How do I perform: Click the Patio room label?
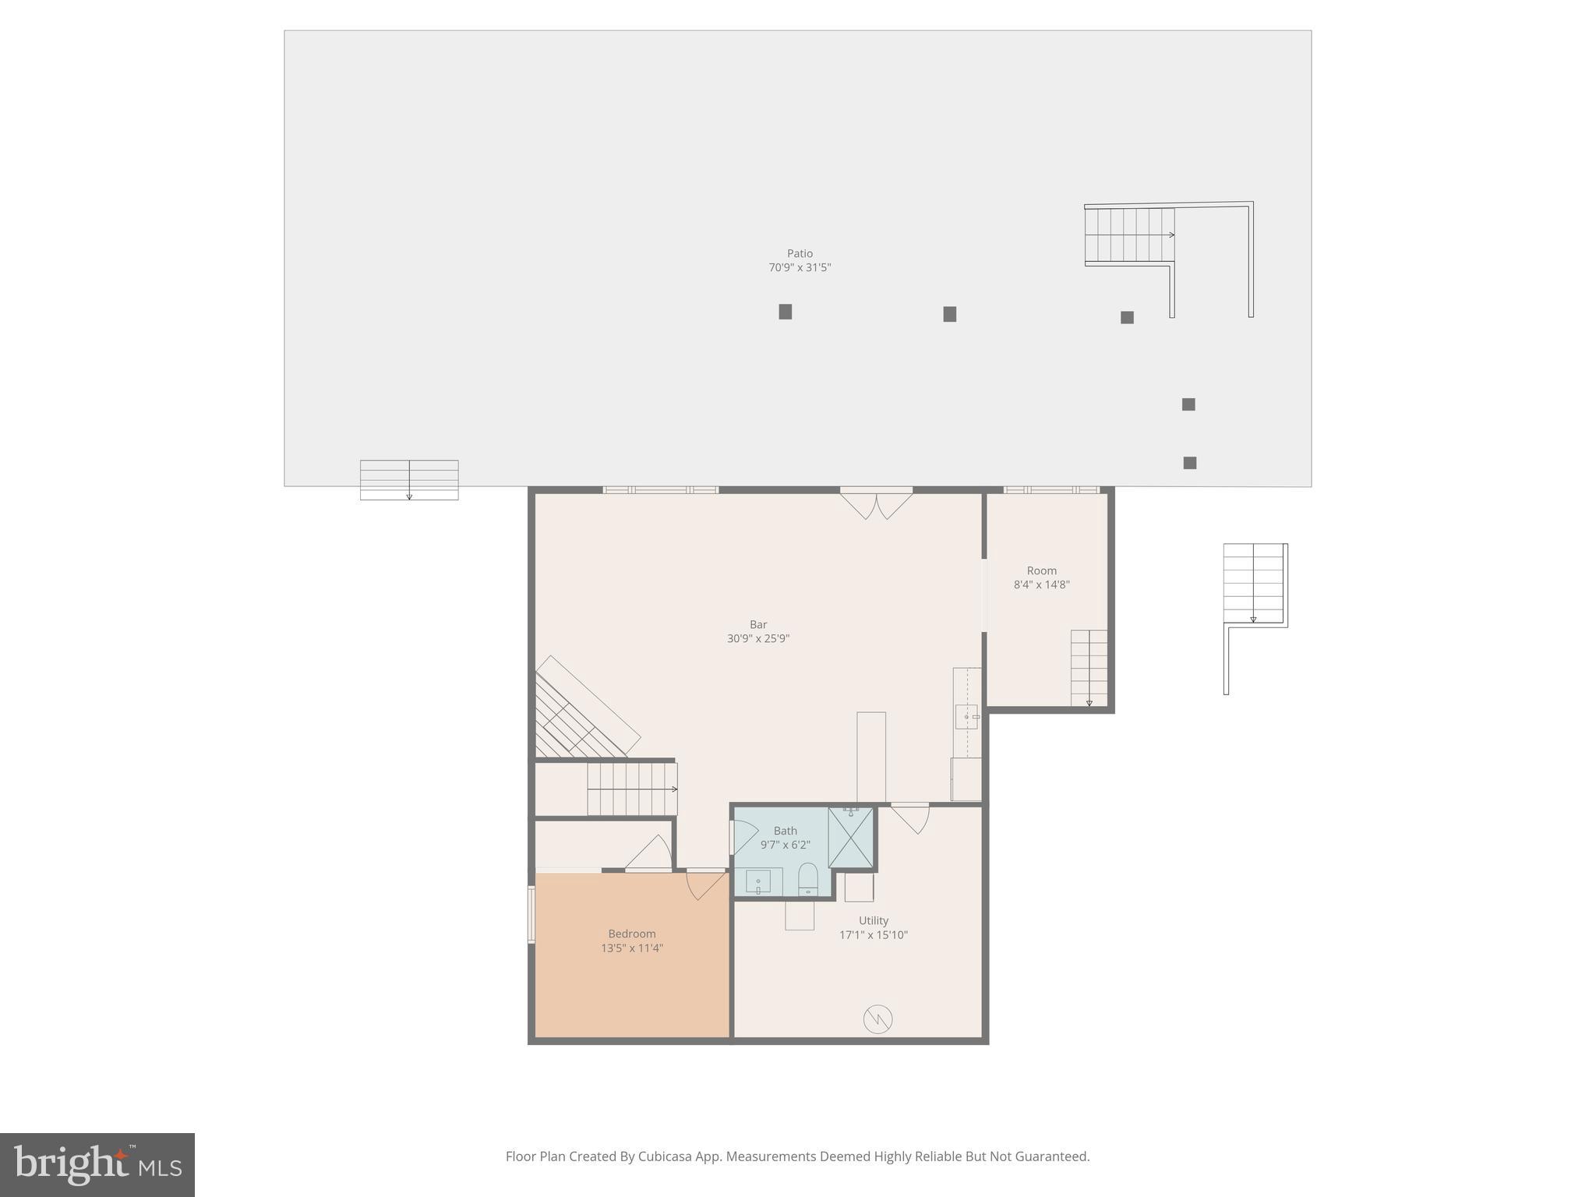click(x=800, y=253)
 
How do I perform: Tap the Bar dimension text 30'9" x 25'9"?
click(x=758, y=639)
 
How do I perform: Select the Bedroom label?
click(x=632, y=934)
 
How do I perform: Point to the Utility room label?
click(x=874, y=920)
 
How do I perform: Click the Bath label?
click(x=785, y=831)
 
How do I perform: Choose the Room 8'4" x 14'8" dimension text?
click(x=1041, y=584)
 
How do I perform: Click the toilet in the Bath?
click(x=808, y=880)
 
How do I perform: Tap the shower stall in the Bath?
click(x=850, y=838)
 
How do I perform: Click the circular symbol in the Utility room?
click(x=877, y=1019)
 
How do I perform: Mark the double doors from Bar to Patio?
click(x=877, y=503)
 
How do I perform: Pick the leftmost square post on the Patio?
click(x=786, y=312)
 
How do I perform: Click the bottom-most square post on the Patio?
click(x=1190, y=463)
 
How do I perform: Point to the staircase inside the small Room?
click(x=1089, y=668)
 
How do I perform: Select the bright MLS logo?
click(x=97, y=1164)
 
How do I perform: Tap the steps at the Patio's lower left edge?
click(x=409, y=479)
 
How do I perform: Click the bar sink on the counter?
click(x=967, y=716)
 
